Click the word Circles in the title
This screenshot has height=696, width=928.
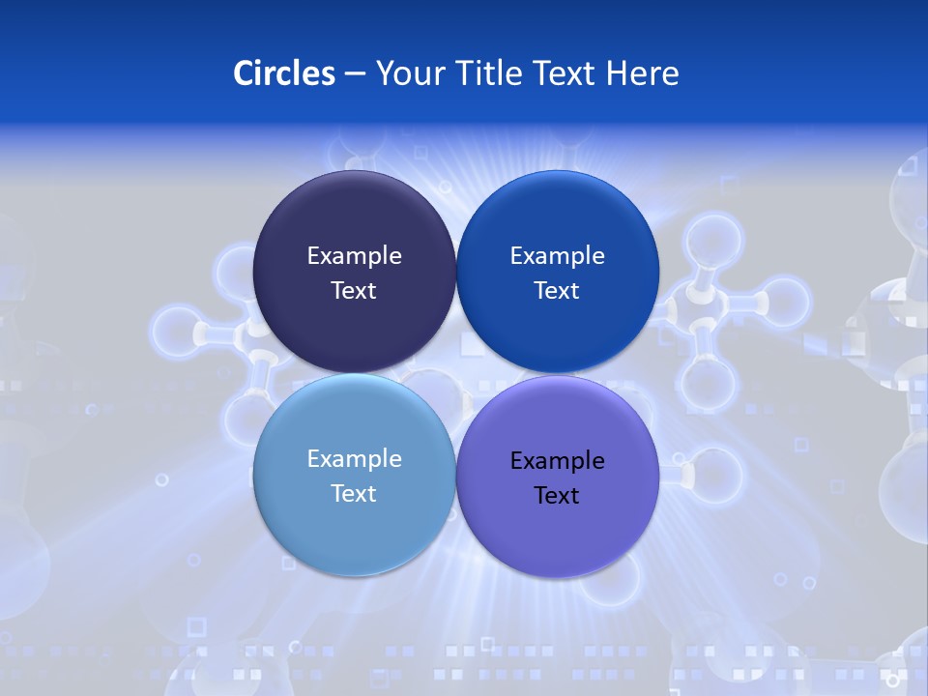pyautogui.click(x=284, y=73)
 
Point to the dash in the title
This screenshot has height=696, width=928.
pyautogui.click(x=355, y=74)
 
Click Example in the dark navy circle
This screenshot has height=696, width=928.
pyautogui.click(x=354, y=255)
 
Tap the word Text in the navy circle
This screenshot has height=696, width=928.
pyautogui.click(x=354, y=290)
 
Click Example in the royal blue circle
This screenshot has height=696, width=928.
pyautogui.click(x=557, y=255)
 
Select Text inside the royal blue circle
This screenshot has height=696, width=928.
pyautogui.click(x=557, y=290)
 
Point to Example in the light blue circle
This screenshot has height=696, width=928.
pyautogui.click(x=354, y=458)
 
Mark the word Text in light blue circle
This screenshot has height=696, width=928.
pyautogui.click(x=354, y=493)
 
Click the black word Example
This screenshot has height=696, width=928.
pyautogui.click(x=557, y=460)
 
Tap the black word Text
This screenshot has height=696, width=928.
pyautogui.click(x=557, y=495)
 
